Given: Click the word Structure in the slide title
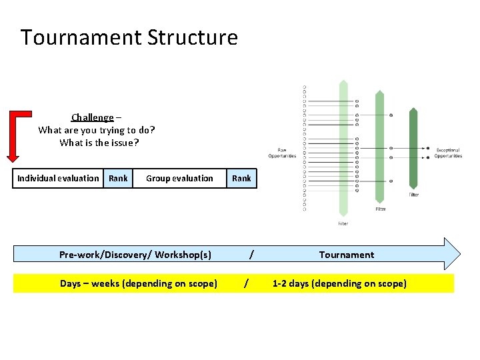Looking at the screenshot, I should pyautogui.click(x=193, y=37).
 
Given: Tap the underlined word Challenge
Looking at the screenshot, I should pyautogui.click(x=92, y=118).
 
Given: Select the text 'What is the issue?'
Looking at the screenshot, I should pyautogui.click(x=99, y=143).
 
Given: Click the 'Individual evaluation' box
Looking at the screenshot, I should pyautogui.click(x=58, y=178).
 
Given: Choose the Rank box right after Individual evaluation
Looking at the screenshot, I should pyautogui.click(x=118, y=178).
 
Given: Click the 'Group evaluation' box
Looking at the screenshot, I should pyautogui.click(x=179, y=178).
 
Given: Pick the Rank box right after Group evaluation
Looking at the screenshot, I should pyautogui.click(x=241, y=178).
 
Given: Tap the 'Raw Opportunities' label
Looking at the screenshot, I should pyautogui.click(x=282, y=153).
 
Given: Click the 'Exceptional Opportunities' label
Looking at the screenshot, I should pyautogui.click(x=448, y=153).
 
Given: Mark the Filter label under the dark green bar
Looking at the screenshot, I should pyautogui.click(x=415, y=195).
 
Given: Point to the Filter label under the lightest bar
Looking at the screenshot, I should pyautogui.click(x=343, y=224).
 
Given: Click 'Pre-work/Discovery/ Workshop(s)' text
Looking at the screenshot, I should pyautogui.click(x=135, y=255).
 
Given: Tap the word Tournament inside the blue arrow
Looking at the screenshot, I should pyautogui.click(x=346, y=255).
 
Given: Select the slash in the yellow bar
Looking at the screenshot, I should pyautogui.click(x=247, y=283).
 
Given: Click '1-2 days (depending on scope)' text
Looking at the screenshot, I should pyautogui.click(x=339, y=283).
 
